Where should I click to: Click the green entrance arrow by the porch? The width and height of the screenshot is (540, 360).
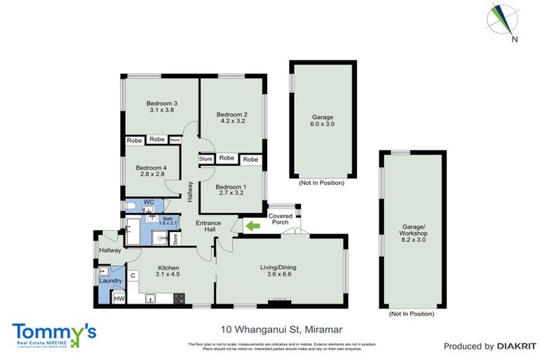[x=251, y=226]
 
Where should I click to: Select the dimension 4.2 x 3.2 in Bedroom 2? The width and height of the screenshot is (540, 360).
[x=231, y=122]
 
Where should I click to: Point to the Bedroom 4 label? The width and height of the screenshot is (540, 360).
[x=151, y=168]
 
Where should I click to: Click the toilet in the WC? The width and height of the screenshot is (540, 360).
[x=131, y=206]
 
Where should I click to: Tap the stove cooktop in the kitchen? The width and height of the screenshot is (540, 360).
[x=179, y=298]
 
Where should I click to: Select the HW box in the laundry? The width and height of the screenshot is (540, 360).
[x=119, y=299]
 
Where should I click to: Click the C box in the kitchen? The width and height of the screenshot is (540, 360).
[x=132, y=275]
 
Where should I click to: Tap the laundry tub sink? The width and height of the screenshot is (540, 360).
[x=103, y=271]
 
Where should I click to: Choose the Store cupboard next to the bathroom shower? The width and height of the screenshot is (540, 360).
[x=175, y=238]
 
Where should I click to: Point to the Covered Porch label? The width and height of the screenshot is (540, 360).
[x=281, y=219]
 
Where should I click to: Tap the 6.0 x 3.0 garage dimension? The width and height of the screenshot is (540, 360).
[x=323, y=124]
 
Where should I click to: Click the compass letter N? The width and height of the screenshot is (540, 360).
[x=515, y=39]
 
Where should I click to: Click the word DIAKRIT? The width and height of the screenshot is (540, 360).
[x=516, y=346]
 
